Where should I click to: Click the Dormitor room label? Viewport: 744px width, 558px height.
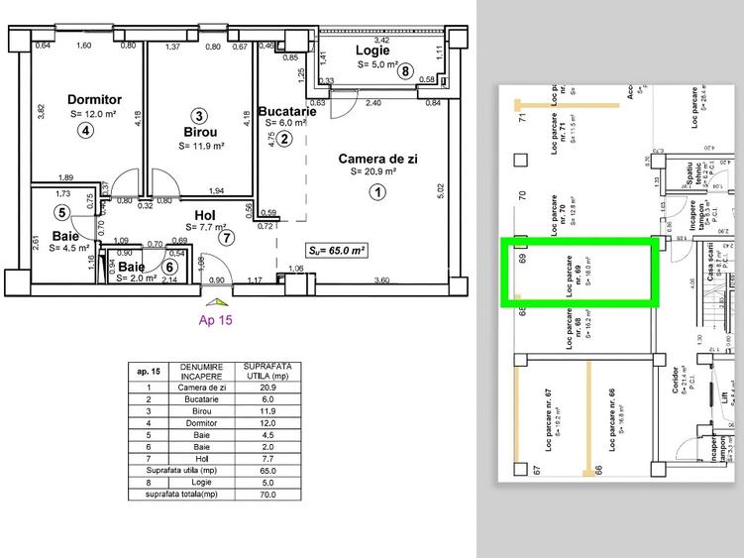pos(94,99)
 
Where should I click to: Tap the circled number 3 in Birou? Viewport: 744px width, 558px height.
pos(199,115)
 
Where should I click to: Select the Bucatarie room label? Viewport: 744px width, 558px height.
pos(287,111)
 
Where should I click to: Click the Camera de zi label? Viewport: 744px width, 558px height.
pos(376,159)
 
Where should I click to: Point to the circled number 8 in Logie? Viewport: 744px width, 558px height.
pos(404,70)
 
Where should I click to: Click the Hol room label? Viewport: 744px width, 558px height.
pos(206,214)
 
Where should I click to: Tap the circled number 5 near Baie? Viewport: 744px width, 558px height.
pos(61,212)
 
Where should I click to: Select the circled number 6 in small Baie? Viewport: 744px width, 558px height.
pos(169,266)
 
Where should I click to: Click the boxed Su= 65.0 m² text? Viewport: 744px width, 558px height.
pos(337,251)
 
